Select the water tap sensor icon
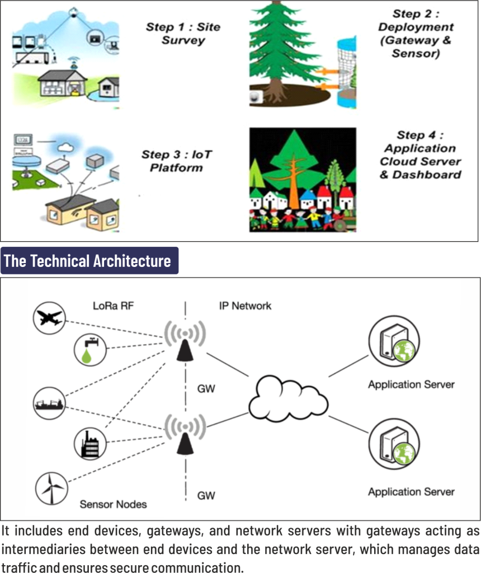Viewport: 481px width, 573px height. click(90, 350)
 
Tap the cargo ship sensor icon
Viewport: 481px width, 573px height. click(49, 403)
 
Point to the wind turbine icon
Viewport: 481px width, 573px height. click(51, 488)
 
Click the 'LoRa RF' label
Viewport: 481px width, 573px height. click(114, 306)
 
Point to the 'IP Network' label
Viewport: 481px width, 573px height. click(245, 306)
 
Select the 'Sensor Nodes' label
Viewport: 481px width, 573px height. click(113, 504)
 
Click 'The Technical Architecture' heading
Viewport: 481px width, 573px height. click(87, 261)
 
